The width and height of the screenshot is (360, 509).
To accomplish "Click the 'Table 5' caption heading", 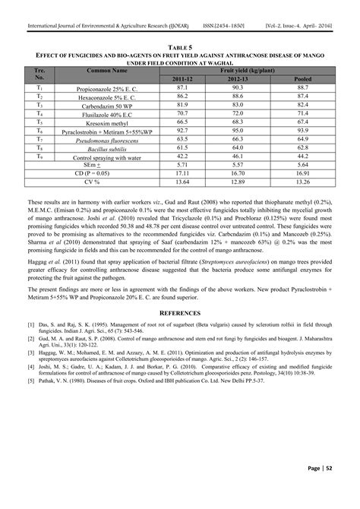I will click(180, 47).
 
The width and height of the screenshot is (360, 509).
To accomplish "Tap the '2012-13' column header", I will click(239, 78).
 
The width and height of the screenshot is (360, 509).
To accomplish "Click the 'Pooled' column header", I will click(302, 78).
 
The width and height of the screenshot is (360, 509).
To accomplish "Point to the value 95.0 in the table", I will click(239, 131).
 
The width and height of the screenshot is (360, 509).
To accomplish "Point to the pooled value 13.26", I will click(302, 182).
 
